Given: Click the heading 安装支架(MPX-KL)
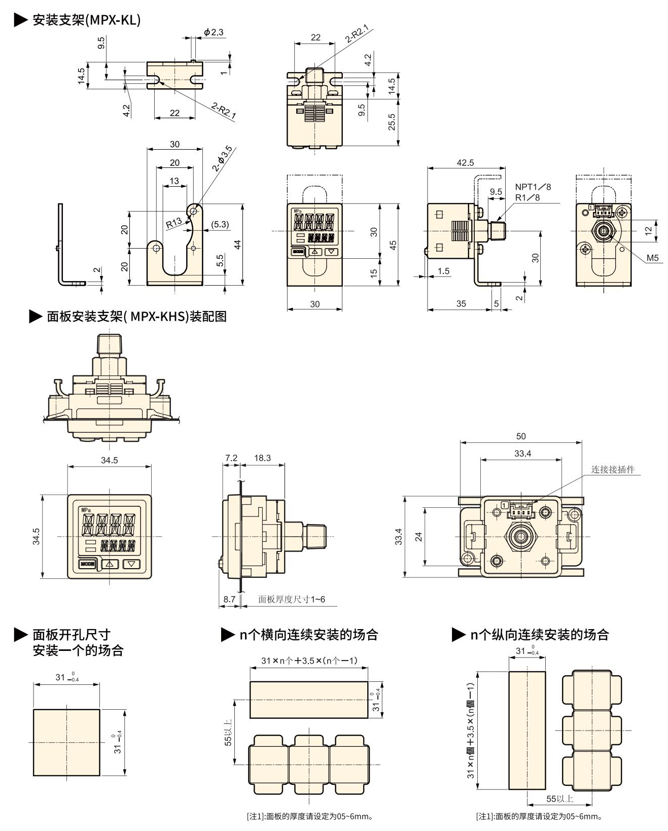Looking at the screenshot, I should pyautogui.click(x=86, y=20).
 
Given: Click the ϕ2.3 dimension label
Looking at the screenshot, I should pyautogui.click(x=214, y=32).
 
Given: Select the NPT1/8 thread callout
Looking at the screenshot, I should pyautogui.click(x=533, y=187).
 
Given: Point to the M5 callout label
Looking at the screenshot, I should pyautogui.click(x=652, y=258).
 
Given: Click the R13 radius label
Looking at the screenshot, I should pyautogui.click(x=174, y=222).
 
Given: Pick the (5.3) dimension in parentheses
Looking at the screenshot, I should pyautogui.click(x=220, y=224).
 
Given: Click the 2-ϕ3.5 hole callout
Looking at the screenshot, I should pyautogui.click(x=223, y=158).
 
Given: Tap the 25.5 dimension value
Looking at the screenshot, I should pyautogui.click(x=392, y=122).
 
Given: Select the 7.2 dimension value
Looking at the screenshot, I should pyautogui.click(x=231, y=458).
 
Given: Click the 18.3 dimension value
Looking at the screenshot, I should pyautogui.click(x=262, y=458).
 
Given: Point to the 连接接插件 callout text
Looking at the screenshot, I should pyautogui.click(x=613, y=470).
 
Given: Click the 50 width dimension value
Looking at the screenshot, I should pyautogui.click(x=521, y=436).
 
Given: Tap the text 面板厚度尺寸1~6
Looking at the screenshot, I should pyautogui.click(x=292, y=599).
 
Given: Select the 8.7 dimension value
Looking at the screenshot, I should pyautogui.click(x=229, y=599).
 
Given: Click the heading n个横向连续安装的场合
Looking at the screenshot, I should pyautogui.click(x=308, y=635).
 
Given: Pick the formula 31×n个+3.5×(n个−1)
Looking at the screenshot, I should pyautogui.click(x=309, y=661).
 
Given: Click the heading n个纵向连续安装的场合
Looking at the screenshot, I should pyautogui.click(x=539, y=635).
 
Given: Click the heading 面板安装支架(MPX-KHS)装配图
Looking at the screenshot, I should pyautogui.click(x=136, y=317).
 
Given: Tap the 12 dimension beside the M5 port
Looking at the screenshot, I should pyautogui.click(x=648, y=231).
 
